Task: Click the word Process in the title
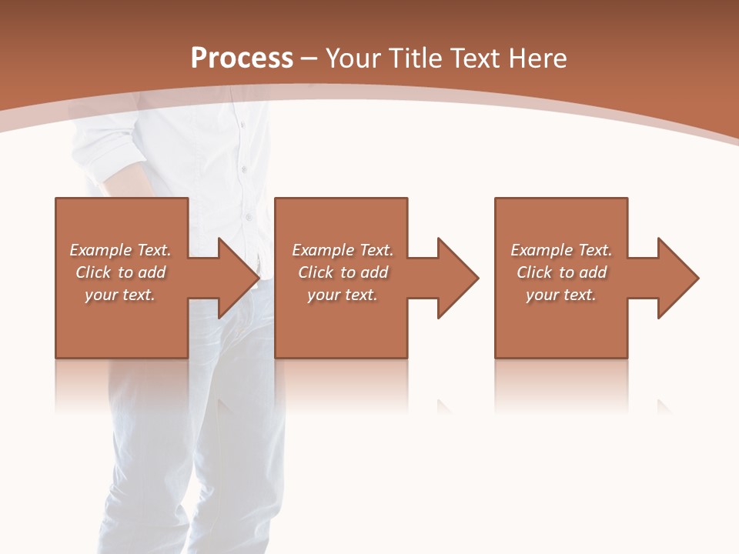coord(242,58)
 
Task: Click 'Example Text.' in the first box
coord(120,250)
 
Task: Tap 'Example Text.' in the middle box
coord(343,250)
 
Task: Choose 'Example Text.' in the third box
coord(561,250)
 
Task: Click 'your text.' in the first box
coord(120,295)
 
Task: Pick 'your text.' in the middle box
coord(343,295)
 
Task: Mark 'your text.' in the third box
coord(561,295)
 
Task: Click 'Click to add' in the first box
coord(120,272)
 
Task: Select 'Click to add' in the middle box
coord(343,272)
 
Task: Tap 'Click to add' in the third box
coord(561,272)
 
